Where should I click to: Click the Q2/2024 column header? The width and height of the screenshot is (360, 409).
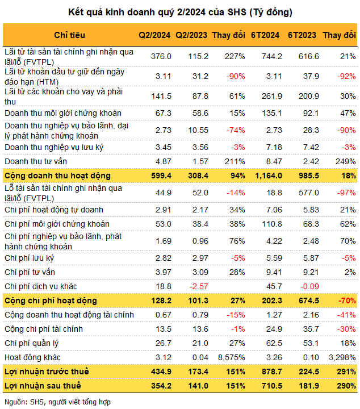[x=154, y=35]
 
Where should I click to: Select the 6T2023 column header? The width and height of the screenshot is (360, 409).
[x=302, y=35]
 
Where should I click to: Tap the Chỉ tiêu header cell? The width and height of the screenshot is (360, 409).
[x=70, y=35]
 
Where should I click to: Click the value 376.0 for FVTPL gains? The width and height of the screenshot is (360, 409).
[x=161, y=56]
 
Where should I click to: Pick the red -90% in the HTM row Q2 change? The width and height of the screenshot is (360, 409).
[x=236, y=76]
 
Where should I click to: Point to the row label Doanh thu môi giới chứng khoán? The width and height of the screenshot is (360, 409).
[x=63, y=113]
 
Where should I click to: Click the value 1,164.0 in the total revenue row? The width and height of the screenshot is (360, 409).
[x=269, y=176]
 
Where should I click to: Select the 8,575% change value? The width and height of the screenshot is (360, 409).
[x=232, y=357]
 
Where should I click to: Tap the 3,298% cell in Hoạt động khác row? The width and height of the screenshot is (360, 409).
[x=342, y=357]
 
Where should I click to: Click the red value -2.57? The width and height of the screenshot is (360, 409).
[x=199, y=286]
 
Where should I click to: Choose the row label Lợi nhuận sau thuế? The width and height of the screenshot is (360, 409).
[x=43, y=386]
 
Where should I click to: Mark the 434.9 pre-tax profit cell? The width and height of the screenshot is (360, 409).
[x=161, y=372]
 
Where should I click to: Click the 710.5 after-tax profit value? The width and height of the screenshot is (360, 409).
[x=272, y=386]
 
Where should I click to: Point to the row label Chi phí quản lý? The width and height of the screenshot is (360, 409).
[x=32, y=343]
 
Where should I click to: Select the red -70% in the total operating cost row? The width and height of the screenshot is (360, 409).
[x=347, y=301]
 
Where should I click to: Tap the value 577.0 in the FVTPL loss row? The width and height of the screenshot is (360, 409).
[x=309, y=193]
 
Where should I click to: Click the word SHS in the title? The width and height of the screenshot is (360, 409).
[x=237, y=12]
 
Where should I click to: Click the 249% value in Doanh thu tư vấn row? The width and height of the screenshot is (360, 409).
[x=346, y=161]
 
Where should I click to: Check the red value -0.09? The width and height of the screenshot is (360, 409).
[x=309, y=286]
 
